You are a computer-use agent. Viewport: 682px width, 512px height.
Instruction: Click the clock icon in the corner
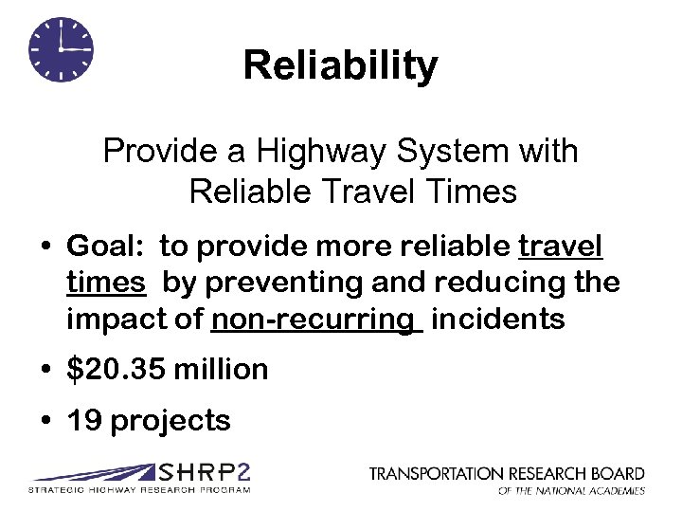coord(62,49)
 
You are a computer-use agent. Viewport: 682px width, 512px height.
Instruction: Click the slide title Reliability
coord(340,65)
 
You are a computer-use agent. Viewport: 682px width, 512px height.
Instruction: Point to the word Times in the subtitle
coord(471,192)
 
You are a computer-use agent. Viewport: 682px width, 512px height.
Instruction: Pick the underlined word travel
coord(561,247)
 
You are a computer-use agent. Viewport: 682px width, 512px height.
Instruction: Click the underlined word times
coord(105,283)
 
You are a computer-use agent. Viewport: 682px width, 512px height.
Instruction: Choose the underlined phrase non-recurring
coord(314,319)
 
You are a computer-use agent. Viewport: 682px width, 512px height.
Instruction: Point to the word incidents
coord(497,319)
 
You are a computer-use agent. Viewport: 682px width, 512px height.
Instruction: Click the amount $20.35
coord(117,369)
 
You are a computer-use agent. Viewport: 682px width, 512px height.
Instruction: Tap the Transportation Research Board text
coord(507,473)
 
